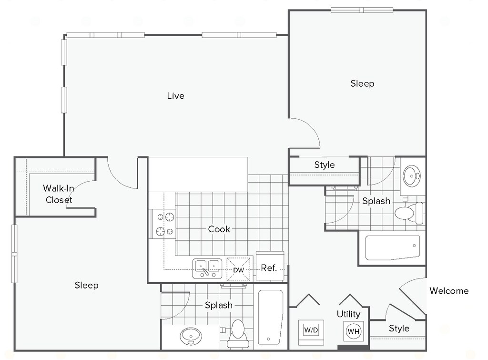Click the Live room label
click(175, 96)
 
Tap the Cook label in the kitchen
click(219, 229)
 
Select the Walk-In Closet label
click(59, 194)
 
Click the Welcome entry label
click(449, 291)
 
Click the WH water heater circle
click(354, 331)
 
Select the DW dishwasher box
click(238, 269)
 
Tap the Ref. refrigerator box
click(270, 267)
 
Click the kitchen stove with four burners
click(163, 224)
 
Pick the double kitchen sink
click(207, 268)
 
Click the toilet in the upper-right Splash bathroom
click(409, 213)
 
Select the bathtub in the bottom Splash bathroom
click(271, 318)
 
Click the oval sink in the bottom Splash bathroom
click(191, 336)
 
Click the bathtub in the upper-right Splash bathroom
click(392, 247)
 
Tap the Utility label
click(348, 314)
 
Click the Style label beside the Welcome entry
click(399, 328)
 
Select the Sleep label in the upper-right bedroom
click(362, 83)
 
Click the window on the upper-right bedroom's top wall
click(362, 10)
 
